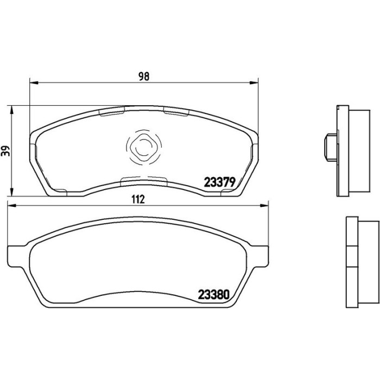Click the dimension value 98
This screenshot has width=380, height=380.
click(x=144, y=77)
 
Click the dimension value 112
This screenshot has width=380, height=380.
click(x=138, y=199)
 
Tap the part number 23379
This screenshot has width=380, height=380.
click(x=219, y=182)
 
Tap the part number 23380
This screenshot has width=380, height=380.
click(x=214, y=295)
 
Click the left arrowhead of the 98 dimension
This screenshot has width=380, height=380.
click(x=34, y=83)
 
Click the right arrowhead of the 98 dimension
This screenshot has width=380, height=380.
click(x=254, y=83)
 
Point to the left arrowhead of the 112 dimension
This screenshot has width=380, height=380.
click(x=12, y=206)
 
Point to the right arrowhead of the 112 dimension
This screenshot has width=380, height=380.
click(x=264, y=206)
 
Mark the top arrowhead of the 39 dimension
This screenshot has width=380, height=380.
click(x=11, y=110)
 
